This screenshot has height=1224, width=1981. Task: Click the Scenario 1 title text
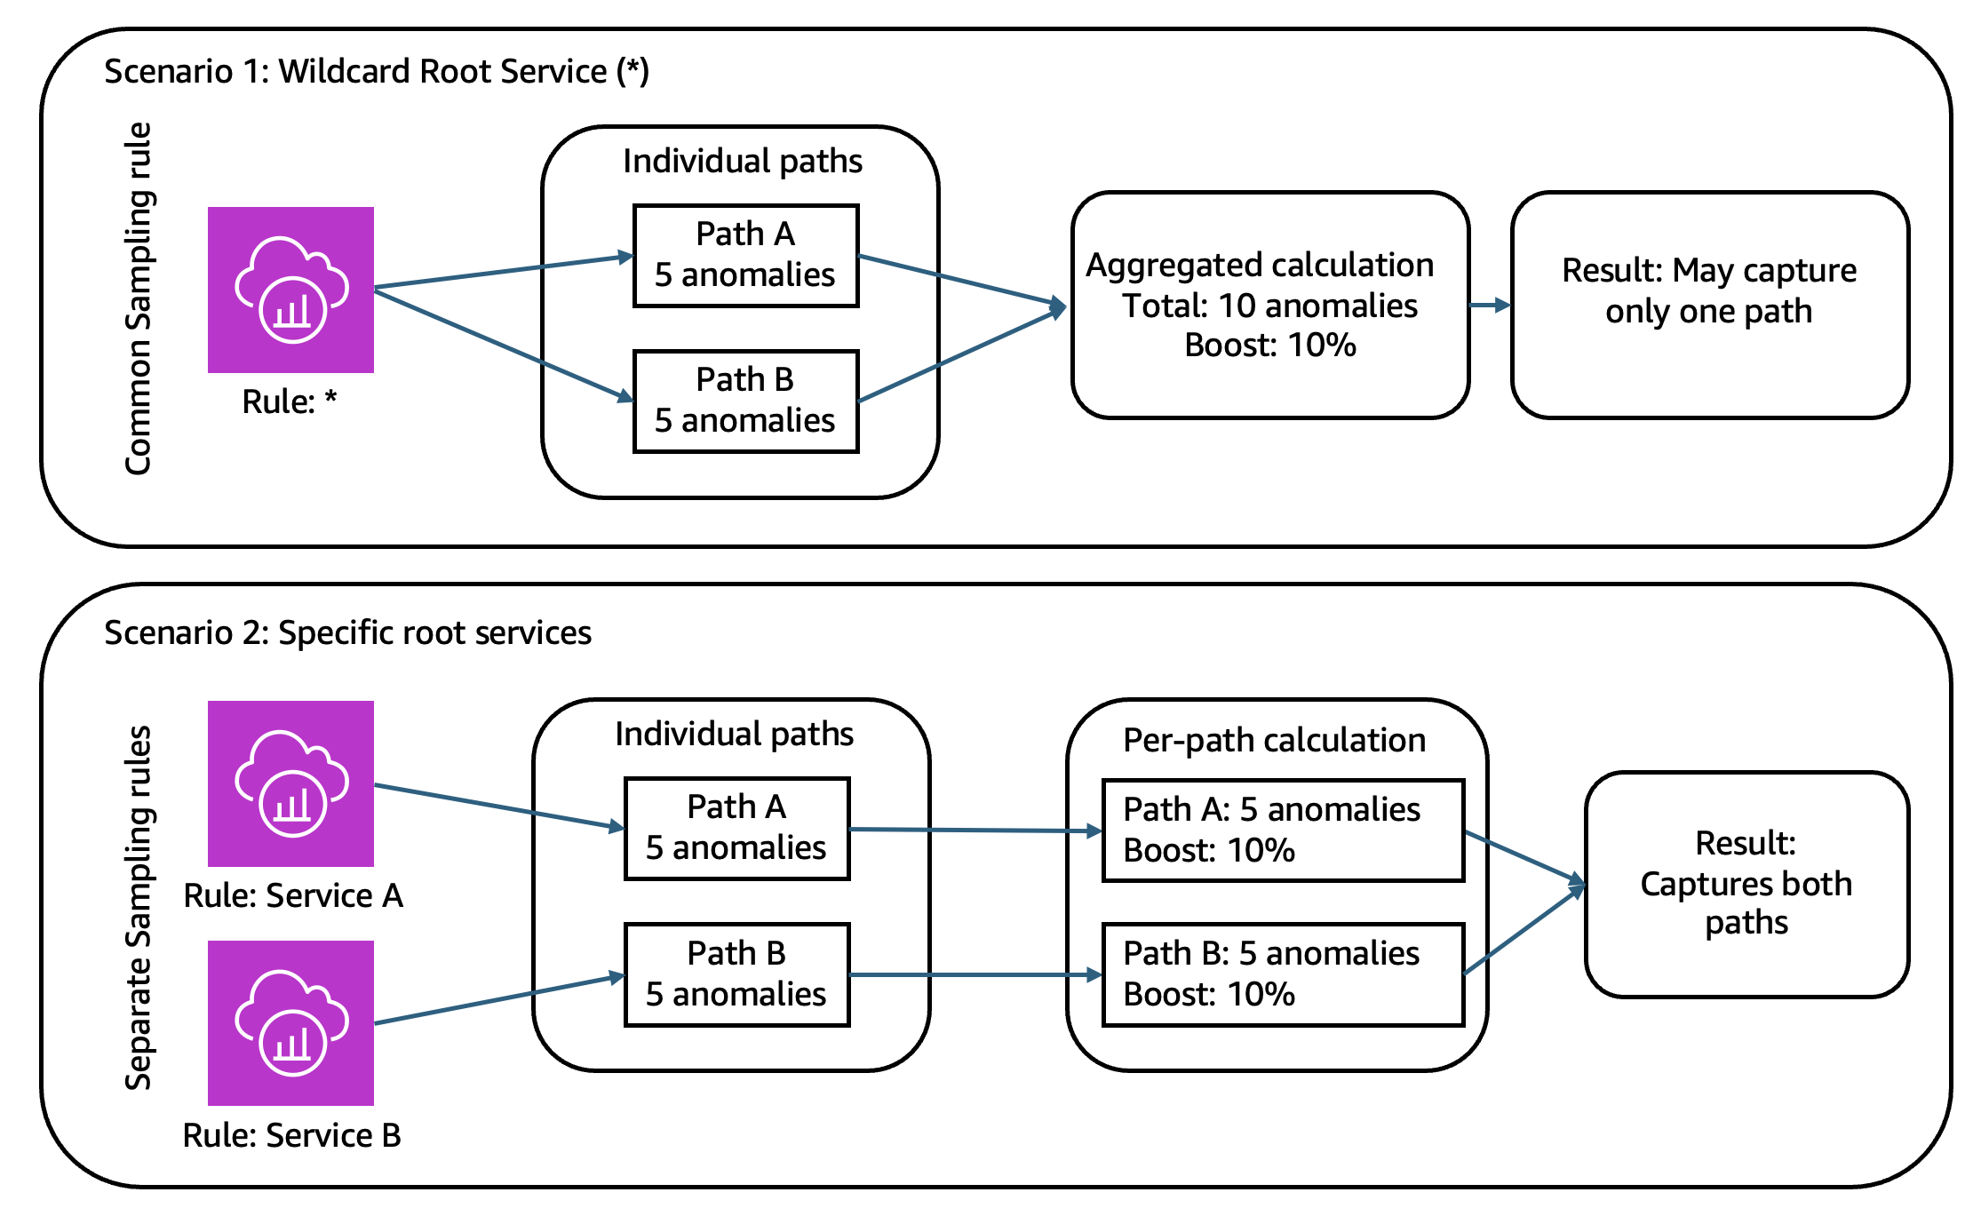point(377,71)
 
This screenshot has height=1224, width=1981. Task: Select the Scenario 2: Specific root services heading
point(347,632)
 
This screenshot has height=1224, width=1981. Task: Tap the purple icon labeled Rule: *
point(290,290)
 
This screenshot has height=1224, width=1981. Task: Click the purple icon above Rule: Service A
point(290,783)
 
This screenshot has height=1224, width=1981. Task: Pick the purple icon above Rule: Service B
point(290,1023)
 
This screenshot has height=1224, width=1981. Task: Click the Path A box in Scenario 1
point(745,256)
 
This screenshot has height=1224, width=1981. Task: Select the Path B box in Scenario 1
point(745,401)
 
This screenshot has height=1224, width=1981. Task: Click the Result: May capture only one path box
point(1709,304)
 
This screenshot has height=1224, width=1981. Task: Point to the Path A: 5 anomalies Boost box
point(1283,831)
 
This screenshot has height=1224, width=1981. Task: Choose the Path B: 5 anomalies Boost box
point(1283,974)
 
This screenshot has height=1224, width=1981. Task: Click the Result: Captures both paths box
point(1746,884)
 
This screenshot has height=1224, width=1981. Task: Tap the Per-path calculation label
point(1274,740)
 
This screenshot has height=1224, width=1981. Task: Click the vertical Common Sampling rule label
point(139,298)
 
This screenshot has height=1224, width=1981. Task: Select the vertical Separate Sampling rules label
point(139,908)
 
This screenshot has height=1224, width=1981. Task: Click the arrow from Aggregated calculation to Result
point(1490,305)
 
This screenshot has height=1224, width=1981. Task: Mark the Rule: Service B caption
point(291,1135)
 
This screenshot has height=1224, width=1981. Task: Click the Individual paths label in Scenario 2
point(734,734)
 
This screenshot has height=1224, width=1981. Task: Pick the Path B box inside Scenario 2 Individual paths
point(736,974)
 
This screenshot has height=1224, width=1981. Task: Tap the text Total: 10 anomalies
point(1269,306)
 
